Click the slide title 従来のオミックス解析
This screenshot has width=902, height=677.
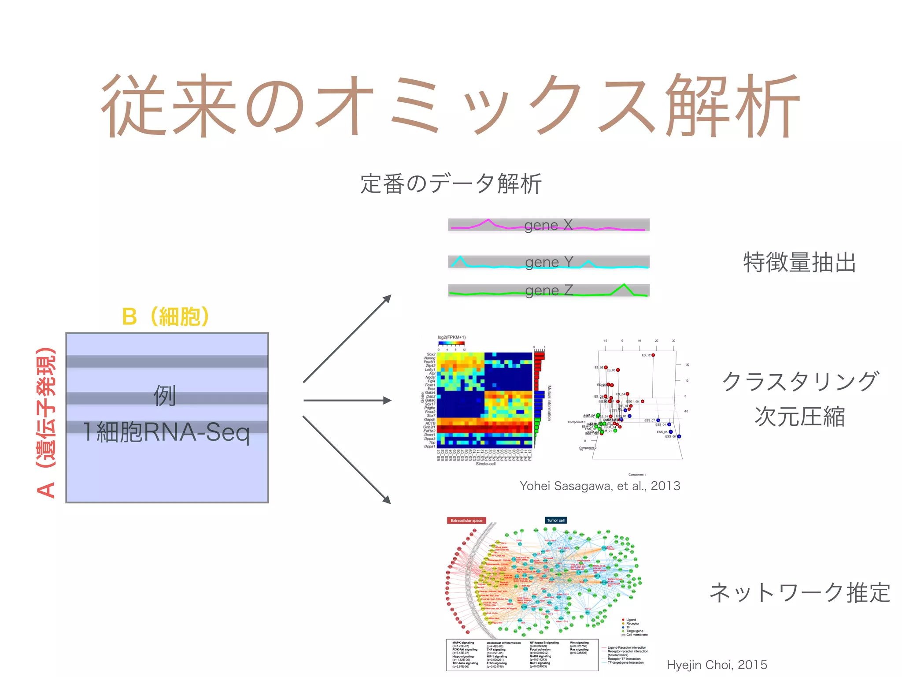[450, 106]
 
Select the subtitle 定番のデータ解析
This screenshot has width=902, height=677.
[451, 184]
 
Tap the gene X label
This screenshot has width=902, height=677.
[548, 225]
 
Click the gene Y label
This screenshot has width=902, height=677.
[549, 262]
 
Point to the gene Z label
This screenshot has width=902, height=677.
[549, 290]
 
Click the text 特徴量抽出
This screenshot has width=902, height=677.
[799, 263]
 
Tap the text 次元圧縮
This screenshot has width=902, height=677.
[800, 417]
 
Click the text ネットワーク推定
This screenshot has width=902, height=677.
[800, 592]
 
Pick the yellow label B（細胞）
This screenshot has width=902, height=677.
[166, 316]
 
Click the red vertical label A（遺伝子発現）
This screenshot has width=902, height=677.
[46, 423]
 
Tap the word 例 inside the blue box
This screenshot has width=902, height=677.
[165, 395]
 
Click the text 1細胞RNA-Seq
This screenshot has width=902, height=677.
[166, 432]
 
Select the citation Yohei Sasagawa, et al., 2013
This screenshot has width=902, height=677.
[600, 486]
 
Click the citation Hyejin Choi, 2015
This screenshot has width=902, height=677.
[717, 665]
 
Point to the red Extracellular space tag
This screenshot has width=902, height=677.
[466, 521]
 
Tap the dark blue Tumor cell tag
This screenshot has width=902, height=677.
[555, 521]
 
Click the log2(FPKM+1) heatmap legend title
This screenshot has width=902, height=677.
[451, 338]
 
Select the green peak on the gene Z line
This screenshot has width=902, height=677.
[624, 288]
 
